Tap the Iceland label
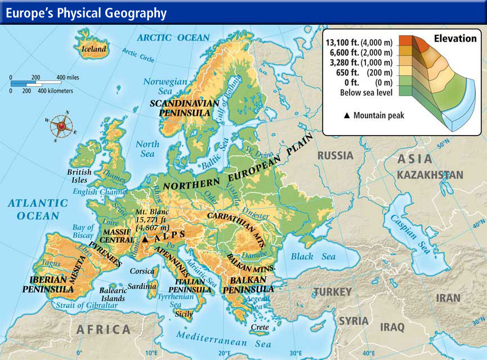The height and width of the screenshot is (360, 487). point(94,49)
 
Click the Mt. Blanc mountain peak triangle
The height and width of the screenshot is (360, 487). point(145,239)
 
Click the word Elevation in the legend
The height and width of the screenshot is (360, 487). point(455,39)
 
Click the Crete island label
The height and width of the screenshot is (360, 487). point(260,326)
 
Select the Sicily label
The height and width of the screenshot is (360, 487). point(184,313)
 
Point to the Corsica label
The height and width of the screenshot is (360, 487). point(141,271)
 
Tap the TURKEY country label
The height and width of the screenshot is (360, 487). point(333,292)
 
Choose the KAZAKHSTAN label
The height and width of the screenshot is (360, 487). point(430,175)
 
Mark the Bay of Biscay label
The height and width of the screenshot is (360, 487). point(83,232)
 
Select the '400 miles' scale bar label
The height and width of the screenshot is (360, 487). point(67,78)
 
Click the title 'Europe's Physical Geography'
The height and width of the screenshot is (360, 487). point(86,13)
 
